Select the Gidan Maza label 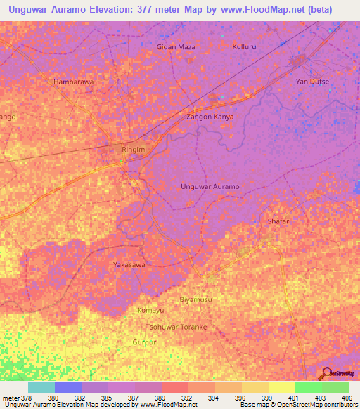[175, 46]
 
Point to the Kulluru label [246, 46]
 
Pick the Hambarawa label [74, 82]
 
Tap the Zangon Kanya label [210, 117]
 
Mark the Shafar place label [278, 221]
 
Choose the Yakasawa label [129, 265]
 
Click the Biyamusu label [195, 300]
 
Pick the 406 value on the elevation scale [344, 397]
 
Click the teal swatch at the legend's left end [41, 387]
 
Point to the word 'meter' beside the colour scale [11, 397]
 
